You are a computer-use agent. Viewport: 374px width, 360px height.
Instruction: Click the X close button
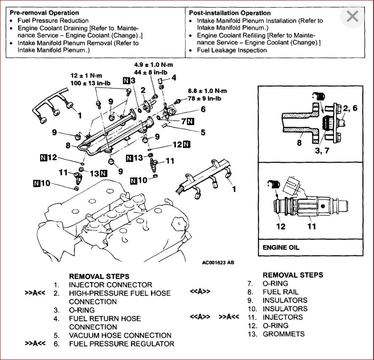[x=353, y=16]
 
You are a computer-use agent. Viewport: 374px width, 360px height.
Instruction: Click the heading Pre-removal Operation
[x=44, y=13]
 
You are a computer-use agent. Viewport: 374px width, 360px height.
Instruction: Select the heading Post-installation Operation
[x=230, y=13]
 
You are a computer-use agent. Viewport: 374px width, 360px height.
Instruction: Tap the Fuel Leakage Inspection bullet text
[x=232, y=50]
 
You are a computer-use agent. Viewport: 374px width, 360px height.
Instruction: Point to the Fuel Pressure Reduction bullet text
[x=53, y=20]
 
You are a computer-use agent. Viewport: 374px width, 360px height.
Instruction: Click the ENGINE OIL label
[x=281, y=248]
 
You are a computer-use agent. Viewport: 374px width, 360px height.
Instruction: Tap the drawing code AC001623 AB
[x=218, y=262]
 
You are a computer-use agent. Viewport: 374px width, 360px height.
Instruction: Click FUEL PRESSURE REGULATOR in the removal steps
[x=122, y=344]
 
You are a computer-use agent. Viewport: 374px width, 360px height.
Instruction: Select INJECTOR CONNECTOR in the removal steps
[x=111, y=285]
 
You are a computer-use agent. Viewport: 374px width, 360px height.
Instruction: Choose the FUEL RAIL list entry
[x=280, y=292]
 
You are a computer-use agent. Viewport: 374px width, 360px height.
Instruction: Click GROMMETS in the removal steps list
[x=284, y=334]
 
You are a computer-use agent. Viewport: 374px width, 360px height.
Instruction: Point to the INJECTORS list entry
[x=282, y=317]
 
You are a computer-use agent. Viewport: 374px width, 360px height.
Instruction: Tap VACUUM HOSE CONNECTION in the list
[x=120, y=335]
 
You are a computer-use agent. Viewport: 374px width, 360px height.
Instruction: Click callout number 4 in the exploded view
[x=174, y=77]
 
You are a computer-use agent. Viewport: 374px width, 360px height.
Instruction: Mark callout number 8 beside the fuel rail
[x=68, y=145]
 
